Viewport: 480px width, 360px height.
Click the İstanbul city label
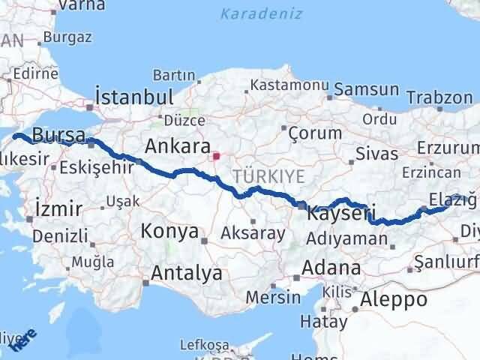click(134, 97)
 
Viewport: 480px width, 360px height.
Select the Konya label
click(169, 232)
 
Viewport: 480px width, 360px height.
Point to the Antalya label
click(187, 273)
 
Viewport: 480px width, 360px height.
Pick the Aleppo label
click(394, 300)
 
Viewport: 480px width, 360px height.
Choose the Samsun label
click(367, 89)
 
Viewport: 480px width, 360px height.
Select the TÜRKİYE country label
click(269, 177)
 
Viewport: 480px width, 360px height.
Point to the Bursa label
click(60, 136)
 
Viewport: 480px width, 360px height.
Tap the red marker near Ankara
click(216, 157)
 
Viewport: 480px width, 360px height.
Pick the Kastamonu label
click(287, 84)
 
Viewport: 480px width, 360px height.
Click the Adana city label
click(331, 268)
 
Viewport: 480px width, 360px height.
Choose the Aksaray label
click(253, 233)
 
